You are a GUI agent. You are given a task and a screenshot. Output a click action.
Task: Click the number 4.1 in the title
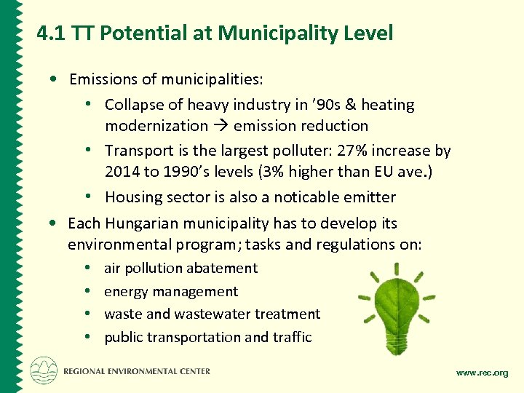coord(51,33)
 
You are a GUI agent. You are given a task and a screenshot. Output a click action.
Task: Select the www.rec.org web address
coord(482,373)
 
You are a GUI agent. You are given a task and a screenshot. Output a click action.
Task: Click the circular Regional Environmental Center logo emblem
coord(44,370)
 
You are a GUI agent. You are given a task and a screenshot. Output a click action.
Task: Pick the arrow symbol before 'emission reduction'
coord(221,126)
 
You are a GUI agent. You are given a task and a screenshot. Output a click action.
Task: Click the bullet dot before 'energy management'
coord(87,291)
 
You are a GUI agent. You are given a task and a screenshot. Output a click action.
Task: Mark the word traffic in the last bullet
coord(292,337)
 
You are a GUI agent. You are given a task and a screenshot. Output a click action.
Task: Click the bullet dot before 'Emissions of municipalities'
coord(55,79)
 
